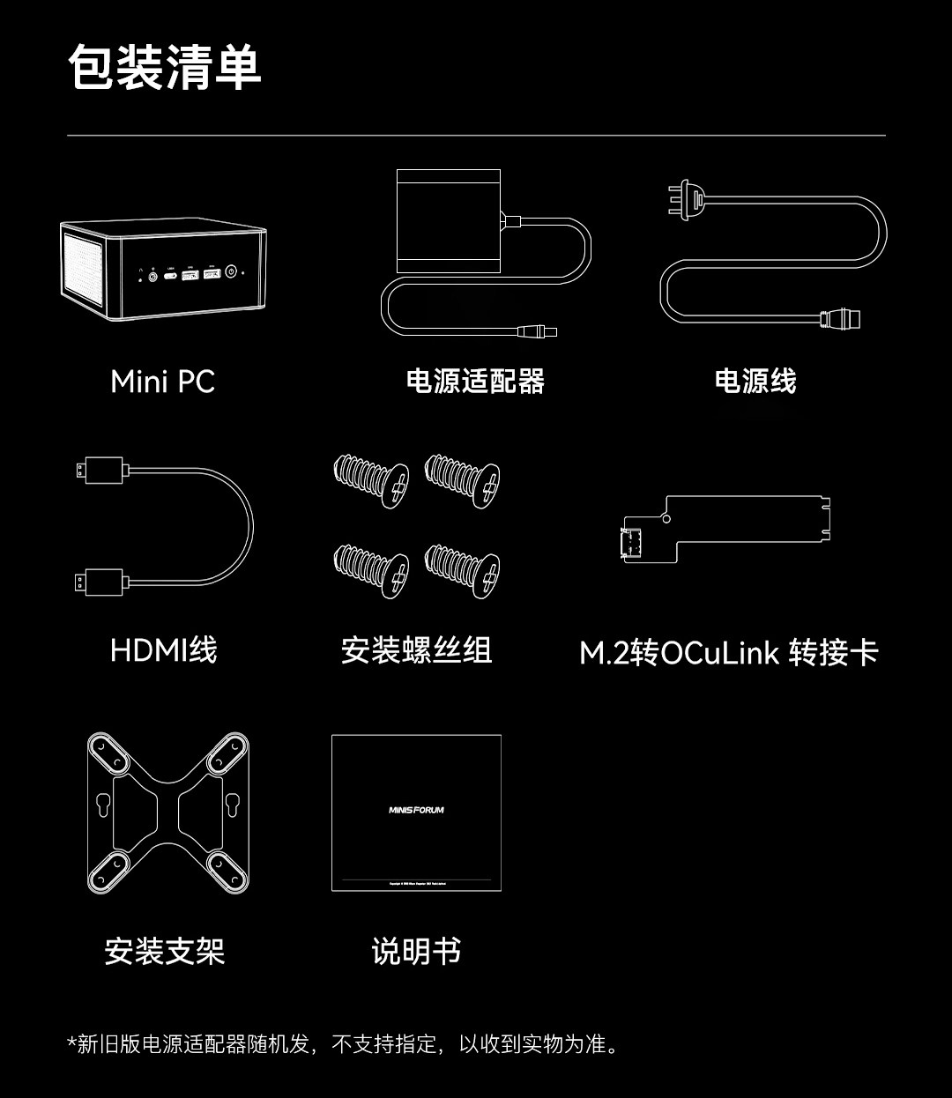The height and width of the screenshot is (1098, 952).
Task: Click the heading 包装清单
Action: (165, 68)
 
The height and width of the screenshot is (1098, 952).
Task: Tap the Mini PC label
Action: (162, 382)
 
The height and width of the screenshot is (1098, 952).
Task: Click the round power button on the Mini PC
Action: (232, 272)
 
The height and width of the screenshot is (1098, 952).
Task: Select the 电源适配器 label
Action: (475, 382)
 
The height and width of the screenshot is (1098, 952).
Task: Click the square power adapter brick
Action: (448, 221)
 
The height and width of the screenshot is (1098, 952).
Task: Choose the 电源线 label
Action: (755, 382)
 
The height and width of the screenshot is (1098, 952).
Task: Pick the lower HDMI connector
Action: (99, 581)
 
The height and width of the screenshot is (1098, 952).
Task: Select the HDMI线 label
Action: (163, 650)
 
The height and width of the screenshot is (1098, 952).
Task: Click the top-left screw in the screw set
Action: (371, 481)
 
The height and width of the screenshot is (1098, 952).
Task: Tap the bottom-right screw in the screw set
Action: (464, 569)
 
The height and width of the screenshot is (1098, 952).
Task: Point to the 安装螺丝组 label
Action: (416, 650)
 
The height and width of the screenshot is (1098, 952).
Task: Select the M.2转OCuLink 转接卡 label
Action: (729, 653)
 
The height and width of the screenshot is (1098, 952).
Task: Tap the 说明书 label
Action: (416, 952)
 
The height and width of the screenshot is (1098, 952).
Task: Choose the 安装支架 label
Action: (165, 952)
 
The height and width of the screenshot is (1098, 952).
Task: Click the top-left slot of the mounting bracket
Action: (110, 752)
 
